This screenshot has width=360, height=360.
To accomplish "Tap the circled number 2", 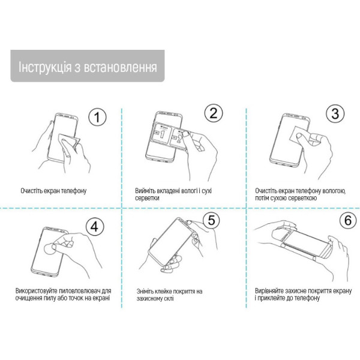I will point(214,113).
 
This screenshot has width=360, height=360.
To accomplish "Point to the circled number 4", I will point(94,226).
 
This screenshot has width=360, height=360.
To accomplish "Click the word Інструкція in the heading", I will point(46,66).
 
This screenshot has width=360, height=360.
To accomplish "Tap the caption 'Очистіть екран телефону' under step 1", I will point(53,191).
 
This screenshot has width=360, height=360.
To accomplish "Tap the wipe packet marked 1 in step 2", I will point(162,133).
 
